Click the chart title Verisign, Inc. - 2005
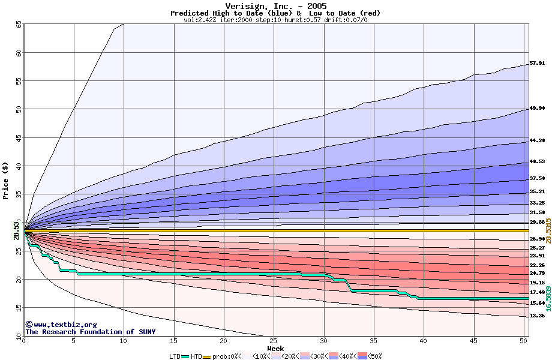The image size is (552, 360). click(275, 6)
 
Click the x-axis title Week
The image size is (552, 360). click(275, 348)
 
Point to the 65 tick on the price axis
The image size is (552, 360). click(19, 24)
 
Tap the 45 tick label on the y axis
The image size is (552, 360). click(19, 138)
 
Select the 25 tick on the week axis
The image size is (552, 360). click(274, 341)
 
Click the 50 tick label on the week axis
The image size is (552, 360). click(523, 341)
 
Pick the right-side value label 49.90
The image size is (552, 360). click(537, 109)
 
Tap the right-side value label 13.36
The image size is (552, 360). click(537, 316)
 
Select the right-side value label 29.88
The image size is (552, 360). click(537, 222)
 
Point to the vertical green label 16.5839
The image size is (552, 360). click(548, 298)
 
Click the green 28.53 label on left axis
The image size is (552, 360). click(17, 230)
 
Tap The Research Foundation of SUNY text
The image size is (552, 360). click(90, 332)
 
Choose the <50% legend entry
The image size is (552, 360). click(371, 356)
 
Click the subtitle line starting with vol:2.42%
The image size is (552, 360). click(275, 20)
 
